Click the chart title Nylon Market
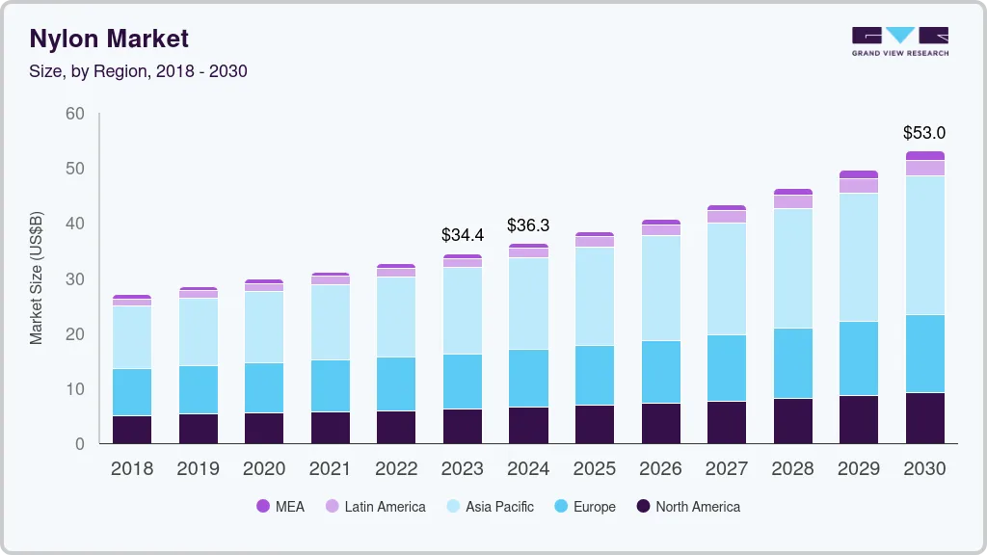coord(109,39)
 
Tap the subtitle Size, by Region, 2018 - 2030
coord(138,71)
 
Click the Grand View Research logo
coord(899,41)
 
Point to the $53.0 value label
coord(923,133)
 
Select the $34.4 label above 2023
coord(462,234)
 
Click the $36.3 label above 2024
coord(528,225)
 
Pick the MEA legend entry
coord(280,506)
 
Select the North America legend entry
coord(688,506)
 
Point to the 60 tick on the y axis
coord(74,114)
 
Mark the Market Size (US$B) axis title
coord(37,278)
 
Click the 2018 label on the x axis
coord(131,469)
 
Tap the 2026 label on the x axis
coord(660,469)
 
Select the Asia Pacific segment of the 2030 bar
coord(924,245)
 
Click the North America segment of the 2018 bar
coord(131,430)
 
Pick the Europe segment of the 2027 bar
coord(726,368)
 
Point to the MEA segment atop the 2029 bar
coord(858,174)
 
